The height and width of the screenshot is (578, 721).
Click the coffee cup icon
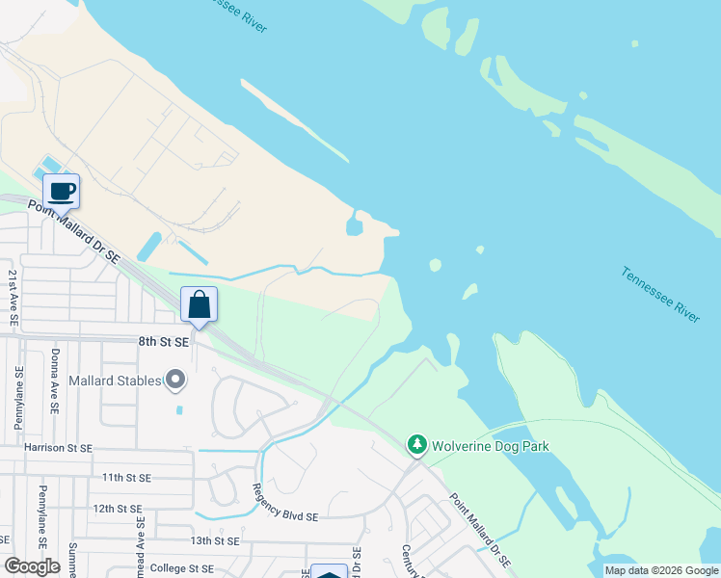[x=61, y=191]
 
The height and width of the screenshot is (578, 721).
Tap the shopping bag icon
[x=199, y=305]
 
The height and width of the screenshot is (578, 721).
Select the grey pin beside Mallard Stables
[x=174, y=381]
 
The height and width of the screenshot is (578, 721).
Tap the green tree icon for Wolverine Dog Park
[x=417, y=444]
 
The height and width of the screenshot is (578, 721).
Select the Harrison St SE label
[x=59, y=448]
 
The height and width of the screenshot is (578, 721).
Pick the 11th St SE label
[x=125, y=477]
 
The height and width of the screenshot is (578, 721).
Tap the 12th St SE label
[x=117, y=508]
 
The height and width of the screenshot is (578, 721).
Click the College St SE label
[x=181, y=567]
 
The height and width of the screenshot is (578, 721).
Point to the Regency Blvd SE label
[x=285, y=516]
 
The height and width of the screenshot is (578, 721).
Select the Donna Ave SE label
[x=54, y=382]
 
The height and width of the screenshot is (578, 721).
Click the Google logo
[x=32, y=566]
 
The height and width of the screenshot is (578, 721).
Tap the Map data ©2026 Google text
[x=660, y=570]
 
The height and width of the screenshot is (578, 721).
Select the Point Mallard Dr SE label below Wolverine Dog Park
[x=480, y=531]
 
